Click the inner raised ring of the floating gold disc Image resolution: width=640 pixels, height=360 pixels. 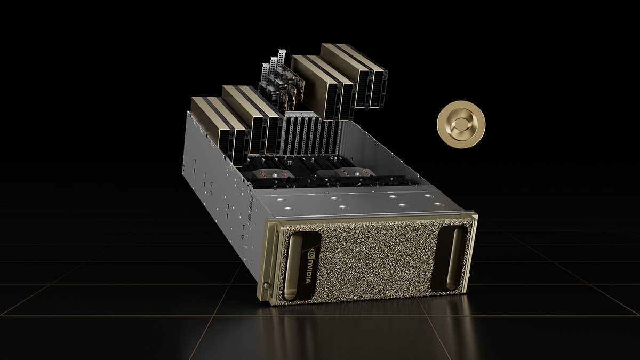pos(461,125)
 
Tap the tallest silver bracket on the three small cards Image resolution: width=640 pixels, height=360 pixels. pos(282,58)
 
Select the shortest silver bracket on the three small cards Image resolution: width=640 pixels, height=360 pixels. pos(266,71)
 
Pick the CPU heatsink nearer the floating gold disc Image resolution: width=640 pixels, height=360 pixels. pos(346,172)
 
